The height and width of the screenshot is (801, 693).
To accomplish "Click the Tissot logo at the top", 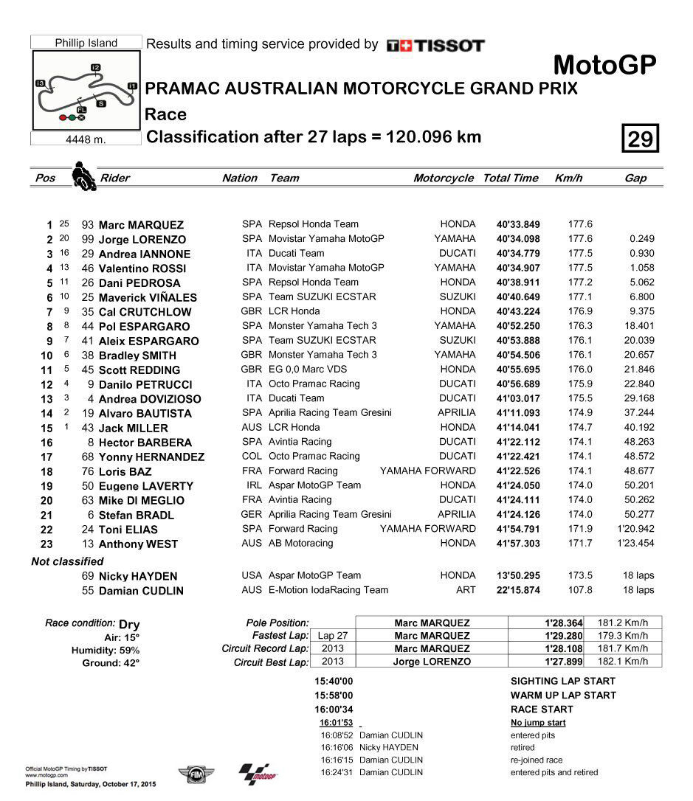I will tap(435, 46).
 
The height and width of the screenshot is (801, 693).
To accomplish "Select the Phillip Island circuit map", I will tap(86, 91).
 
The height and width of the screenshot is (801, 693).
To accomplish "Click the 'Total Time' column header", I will tap(511, 178).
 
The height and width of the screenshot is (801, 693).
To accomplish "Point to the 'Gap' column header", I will tap(635, 178).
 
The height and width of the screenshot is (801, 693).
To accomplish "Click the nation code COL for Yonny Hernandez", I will tap(252, 457).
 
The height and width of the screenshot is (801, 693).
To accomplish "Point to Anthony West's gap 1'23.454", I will tap(635, 544).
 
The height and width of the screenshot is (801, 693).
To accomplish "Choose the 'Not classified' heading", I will tap(67, 561).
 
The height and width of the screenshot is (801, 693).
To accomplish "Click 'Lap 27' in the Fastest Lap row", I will tap(332, 636).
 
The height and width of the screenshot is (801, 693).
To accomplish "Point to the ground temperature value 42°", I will tap(130, 663).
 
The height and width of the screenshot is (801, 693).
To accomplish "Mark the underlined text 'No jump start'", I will tap(538, 723).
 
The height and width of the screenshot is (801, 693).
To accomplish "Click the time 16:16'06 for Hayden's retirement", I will tap(338, 747).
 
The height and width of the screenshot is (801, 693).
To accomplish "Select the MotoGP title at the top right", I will tap(604, 65).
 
